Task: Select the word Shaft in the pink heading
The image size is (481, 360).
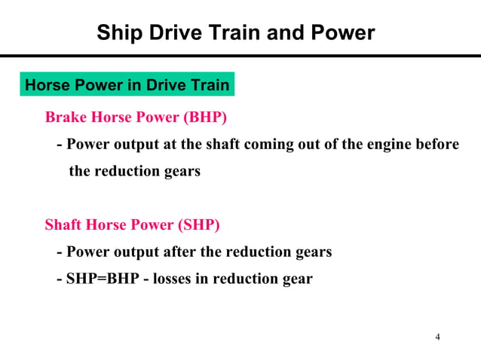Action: click(63, 225)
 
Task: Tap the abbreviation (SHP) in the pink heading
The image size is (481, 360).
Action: click(198, 225)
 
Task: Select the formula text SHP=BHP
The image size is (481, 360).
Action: click(100, 279)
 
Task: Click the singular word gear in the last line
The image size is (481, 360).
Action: click(296, 279)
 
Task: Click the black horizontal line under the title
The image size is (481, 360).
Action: click(240, 56)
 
